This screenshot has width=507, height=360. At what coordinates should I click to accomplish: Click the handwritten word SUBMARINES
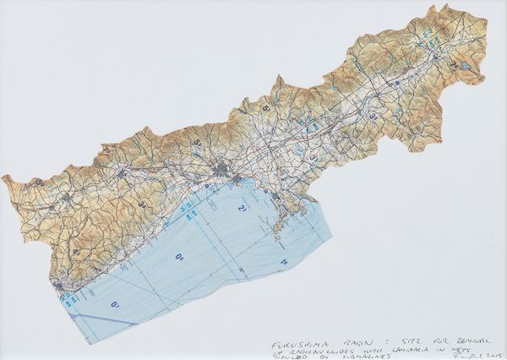click(351, 344)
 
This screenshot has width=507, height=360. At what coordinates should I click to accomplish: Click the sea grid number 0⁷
click(117, 303)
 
